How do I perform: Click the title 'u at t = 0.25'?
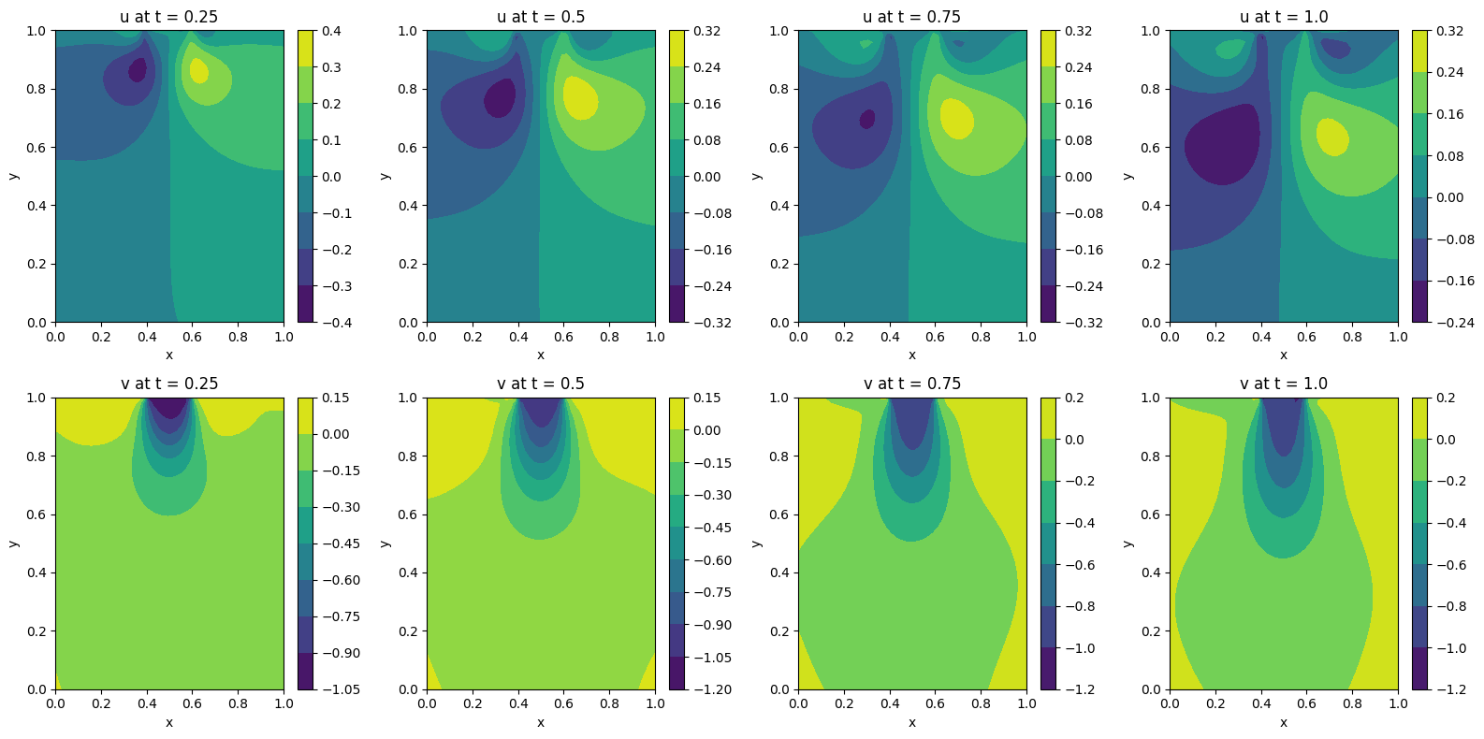click(x=168, y=17)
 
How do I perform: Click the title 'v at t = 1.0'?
click(x=1283, y=384)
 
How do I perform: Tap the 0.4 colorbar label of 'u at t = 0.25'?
click(x=331, y=31)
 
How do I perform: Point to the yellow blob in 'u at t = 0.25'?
click(x=198, y=70)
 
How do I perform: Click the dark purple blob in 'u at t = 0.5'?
click(x=501, y=98)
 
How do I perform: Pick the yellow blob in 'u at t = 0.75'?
click(x=956, y=119)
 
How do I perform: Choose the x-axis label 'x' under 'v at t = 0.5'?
click(x=541, y=722)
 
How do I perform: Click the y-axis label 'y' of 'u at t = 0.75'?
click(x=757, y=176)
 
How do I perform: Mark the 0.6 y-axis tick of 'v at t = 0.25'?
click(x=36, y=514)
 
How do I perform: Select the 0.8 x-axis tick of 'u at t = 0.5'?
click(x=609, y=337)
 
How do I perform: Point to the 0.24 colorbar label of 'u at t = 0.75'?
click(x=1078, y=67)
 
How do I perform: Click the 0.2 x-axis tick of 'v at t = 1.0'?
click(x=1215, y=703)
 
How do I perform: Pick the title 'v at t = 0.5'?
click(x=540, y=384)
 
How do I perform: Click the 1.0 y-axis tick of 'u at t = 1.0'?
click(x=1151, y=31)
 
